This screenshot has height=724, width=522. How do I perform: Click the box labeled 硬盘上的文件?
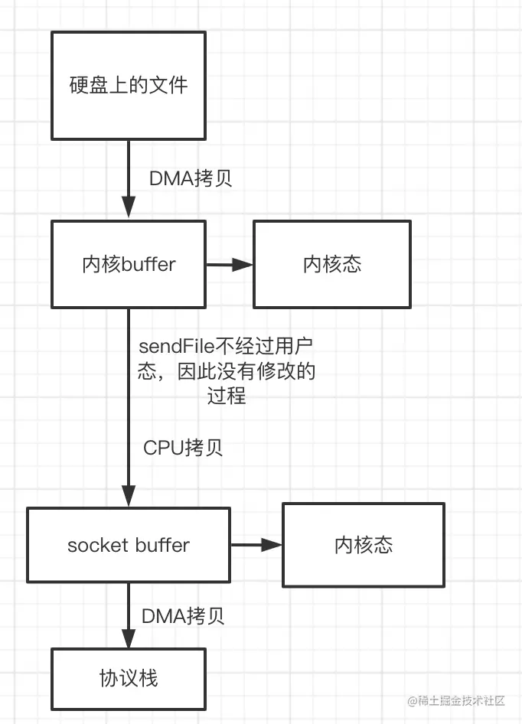coord(129,86)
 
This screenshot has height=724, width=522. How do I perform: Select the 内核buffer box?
coord(129,264)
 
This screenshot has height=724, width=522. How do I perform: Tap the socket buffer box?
coord(129,546)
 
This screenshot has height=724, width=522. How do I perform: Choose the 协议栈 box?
coord(129,677)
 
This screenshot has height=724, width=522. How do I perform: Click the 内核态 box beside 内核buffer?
coord(332,264)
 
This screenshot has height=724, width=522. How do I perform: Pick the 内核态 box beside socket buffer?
coord(364,545)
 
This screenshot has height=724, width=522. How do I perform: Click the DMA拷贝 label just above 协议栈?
coord(183,616)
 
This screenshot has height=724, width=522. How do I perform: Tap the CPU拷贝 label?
coord(183,448)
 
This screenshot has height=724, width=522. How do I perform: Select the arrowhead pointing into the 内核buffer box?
coord(129,207)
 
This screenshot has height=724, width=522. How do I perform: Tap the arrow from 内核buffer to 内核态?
coord(230,265)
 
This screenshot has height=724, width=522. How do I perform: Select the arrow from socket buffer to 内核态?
coord(256,545)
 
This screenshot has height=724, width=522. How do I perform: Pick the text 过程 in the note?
coord(227,396)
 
